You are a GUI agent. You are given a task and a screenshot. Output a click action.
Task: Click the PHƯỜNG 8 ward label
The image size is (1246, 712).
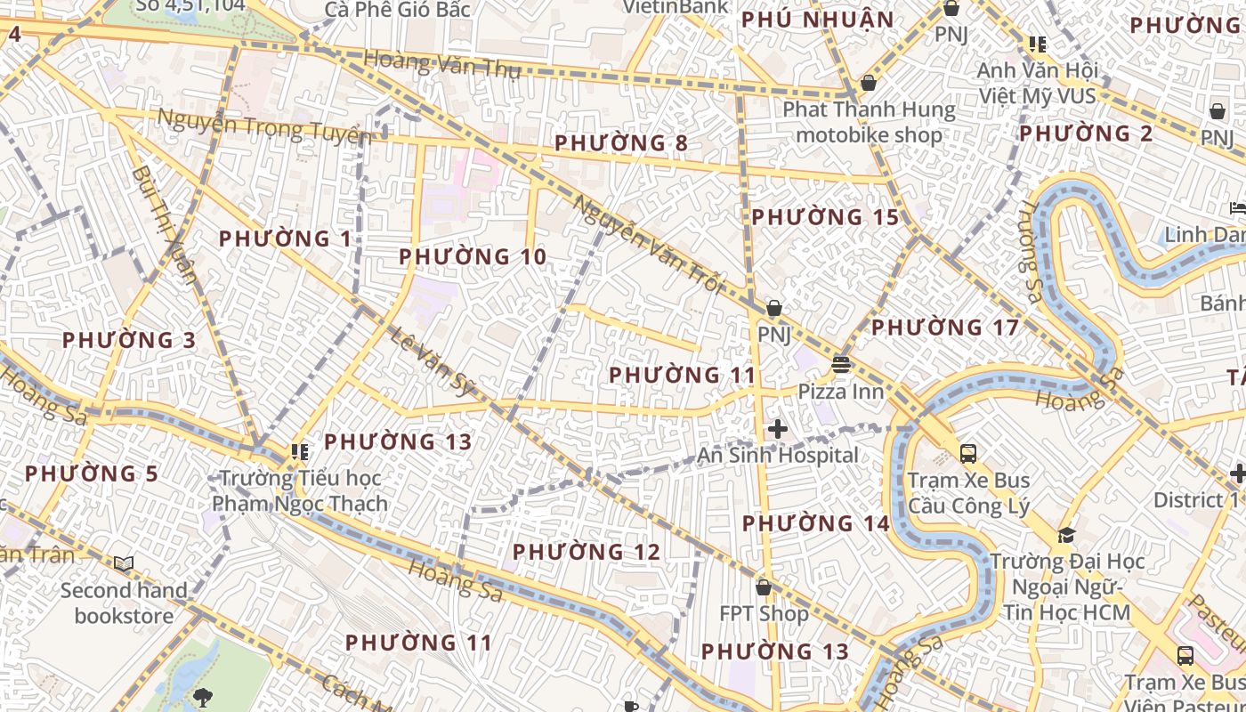(620, 142)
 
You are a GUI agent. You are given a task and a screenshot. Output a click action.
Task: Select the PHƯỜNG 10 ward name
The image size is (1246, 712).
(472, 257)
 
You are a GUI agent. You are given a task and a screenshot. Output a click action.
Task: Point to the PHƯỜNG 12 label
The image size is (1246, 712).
(587, 552)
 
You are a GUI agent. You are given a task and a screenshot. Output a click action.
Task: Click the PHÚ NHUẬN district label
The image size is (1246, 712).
(817, 20)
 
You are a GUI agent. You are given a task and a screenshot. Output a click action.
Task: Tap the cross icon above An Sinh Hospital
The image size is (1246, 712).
(778, 429)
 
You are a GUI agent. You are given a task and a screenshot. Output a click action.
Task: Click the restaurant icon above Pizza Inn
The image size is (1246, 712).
(840, 365)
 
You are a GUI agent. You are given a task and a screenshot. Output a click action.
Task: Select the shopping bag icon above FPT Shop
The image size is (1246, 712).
(763, 587)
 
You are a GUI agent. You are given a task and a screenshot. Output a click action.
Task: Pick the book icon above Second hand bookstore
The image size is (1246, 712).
(124, 563)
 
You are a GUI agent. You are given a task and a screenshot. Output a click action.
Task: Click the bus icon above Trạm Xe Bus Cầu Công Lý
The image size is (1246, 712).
(968, 454)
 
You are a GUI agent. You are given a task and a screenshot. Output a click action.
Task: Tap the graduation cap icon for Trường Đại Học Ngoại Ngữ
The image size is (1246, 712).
(1066, 535)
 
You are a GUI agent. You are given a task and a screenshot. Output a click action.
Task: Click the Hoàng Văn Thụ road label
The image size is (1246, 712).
(441, 64)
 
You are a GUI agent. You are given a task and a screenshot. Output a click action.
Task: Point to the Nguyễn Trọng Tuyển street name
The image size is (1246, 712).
(263, 125)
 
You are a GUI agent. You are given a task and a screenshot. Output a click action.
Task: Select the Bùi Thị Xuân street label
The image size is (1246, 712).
(163, 222)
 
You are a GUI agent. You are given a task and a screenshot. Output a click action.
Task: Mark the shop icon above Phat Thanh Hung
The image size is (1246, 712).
(869, 83)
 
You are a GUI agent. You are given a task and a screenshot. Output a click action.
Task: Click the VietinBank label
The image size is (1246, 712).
(674, 7)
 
